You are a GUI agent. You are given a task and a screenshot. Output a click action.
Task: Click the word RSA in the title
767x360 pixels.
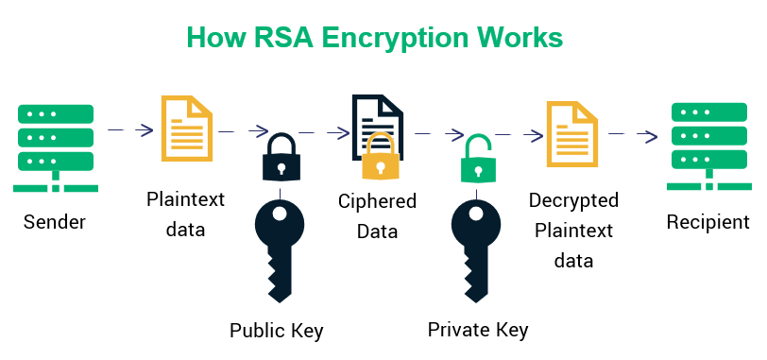pos(281,37)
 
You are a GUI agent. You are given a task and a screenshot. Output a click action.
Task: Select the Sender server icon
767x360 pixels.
pos(55,146)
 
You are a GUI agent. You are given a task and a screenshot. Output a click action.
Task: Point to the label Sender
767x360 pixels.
pos(55,223)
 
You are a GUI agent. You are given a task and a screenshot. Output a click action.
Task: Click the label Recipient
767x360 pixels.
pos(707,223)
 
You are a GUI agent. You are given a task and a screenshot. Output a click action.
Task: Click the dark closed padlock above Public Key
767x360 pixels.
pos(281,159)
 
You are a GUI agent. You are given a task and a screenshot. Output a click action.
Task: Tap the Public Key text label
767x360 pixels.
pos(277,330)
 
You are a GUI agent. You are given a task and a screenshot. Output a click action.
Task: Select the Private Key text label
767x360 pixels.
pos(478,330)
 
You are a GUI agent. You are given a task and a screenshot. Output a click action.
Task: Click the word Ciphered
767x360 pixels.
pos(377,200)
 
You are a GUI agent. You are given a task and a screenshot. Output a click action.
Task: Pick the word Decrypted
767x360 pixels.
pos(573,200)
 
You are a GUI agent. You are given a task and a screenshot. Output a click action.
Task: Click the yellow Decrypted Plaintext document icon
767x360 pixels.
pos(572,131)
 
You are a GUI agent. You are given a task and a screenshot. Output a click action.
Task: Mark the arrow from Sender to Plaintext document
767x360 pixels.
pos(131,129)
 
